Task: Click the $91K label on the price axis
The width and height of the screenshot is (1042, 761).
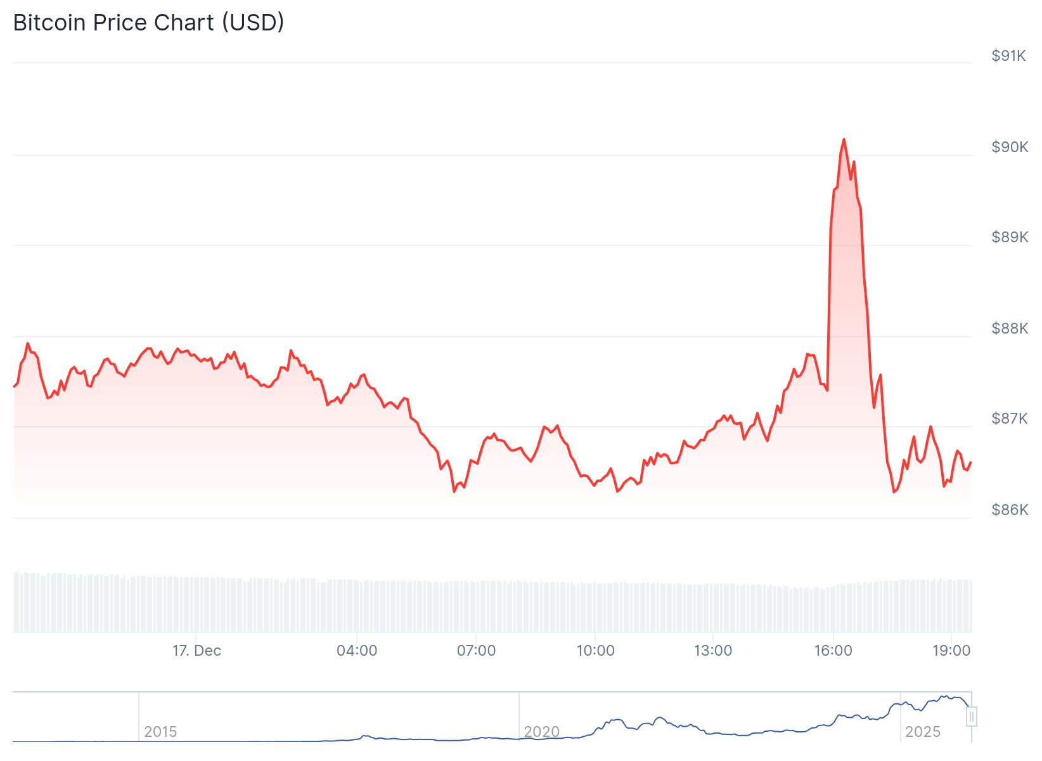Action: click(1009, 56)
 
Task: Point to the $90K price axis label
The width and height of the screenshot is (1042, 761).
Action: click(1010, 147)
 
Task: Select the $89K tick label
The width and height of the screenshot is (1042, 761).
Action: click(1010, 237)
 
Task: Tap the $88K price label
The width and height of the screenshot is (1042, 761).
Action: click(1010, 328)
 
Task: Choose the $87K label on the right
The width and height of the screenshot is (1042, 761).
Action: click(1010, 419)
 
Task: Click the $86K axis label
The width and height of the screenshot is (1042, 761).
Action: click(1010, 510)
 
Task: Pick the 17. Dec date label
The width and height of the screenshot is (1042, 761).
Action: click(196, 651)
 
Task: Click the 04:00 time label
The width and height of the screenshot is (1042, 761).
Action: click(357, 651)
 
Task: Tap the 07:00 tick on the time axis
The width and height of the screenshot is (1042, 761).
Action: click(476, 651)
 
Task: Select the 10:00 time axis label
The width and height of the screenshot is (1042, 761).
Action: click(595, 651)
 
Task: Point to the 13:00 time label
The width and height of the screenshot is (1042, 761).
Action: click(713, 651)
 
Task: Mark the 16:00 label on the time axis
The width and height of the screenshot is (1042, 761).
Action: click(833, 651)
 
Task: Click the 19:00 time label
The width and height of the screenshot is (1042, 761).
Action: click(951, 651)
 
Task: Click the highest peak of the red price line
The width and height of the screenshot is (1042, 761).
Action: click(844, 140)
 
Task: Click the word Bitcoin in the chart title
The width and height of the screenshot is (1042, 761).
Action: click(49, 23)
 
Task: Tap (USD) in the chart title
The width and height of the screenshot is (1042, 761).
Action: click(253, 23)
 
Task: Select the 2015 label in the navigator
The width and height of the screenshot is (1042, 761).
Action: click(160, 732)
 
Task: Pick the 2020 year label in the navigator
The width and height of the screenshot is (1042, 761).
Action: click(541, 732)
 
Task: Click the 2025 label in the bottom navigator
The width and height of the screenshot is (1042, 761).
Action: click(922, 732)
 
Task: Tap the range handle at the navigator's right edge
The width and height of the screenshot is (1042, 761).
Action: click(971, 717)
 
